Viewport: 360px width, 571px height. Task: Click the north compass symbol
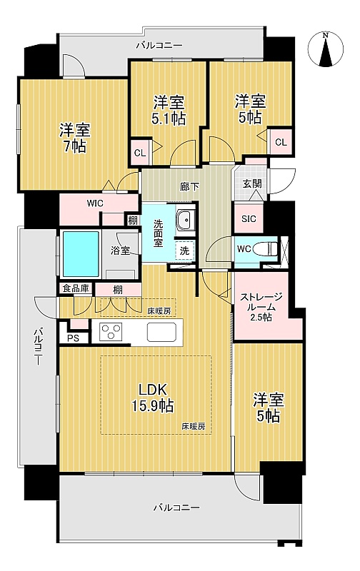(x=326, y=49)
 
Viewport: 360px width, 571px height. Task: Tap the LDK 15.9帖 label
(x=153, y=397)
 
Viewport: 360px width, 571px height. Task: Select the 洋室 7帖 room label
(x=75, y=138)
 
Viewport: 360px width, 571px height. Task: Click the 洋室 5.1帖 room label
(x=169, y=111)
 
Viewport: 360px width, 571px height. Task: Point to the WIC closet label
(x=95, y=203)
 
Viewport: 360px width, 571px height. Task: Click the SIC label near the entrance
(x=249, y=219)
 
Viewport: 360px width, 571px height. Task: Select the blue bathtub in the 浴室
(x=81, y=254)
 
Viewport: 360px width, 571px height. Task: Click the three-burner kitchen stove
(x=111, y=332)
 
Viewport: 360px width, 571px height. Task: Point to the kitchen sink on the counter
(x=161, y=332)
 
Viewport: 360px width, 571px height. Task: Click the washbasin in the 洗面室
(x=186, y=221)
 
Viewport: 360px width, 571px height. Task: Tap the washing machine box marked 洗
(x=185, y=251)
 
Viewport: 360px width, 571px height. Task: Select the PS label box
(x=74, y=338)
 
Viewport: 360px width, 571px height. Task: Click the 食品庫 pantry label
(x=76, y=289)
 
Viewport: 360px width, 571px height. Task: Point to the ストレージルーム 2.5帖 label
(x=261, y=307)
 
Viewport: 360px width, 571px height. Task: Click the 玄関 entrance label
(x=252, y=183)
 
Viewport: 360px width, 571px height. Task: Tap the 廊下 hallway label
(x=189, y=187)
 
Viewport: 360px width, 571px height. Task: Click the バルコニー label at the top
(x=159, y=46)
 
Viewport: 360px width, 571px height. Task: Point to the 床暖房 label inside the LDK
(x=194, y=426)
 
